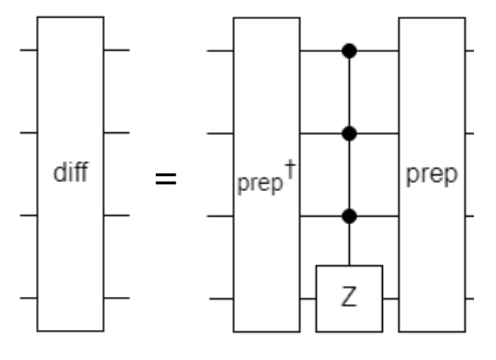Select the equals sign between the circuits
click(165, 179)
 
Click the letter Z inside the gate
click(350, 300)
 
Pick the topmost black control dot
click(350, 51)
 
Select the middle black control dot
click(350, 134)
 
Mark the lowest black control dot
click(350, 216)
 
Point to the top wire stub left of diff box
click(29, 51)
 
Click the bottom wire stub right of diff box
click(116, 298)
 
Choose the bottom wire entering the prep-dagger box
click(221, 299)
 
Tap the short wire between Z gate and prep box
click(391, 299)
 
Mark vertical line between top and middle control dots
click(350, 93)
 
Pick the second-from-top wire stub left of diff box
click(29, 134)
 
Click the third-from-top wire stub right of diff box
click(116, 216)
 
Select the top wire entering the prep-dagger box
click(221, 51)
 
